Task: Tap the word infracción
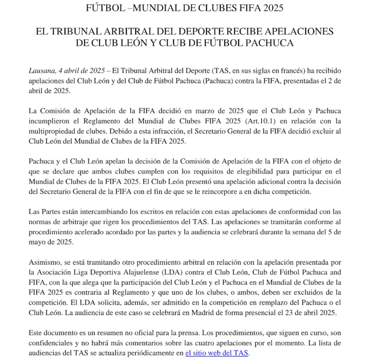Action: [x=211, y=132]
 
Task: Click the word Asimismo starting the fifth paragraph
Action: [x=43, y=262]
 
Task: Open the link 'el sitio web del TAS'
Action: [x=217, y=353]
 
